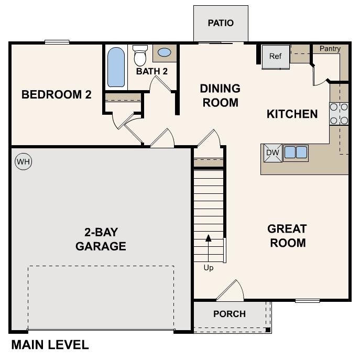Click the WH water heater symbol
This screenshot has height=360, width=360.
click(x=23, y=162)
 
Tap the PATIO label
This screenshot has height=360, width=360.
click(x=220, y=23)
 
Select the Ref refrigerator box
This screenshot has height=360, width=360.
click(x=276, y=56)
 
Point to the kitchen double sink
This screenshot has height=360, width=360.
click(x=296, y=152)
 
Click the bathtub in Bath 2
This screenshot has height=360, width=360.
click(x=116, y=67)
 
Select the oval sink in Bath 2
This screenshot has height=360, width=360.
click(x=164, y=53)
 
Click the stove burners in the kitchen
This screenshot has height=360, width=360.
click(x=339, y=114)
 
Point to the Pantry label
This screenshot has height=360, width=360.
click(x=330, y=49)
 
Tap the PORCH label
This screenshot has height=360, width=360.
click(x=230, y=314)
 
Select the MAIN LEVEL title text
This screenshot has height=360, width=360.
click(x=50, y=345)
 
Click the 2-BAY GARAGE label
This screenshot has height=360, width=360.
click(x=101, y=239)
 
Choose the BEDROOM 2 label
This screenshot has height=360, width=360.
click(x=57, y=95)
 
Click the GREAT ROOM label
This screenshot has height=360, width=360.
click(x=287, y=236)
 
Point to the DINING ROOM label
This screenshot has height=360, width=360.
click(x=220, y=95)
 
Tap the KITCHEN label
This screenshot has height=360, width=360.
click(x=292, y=114)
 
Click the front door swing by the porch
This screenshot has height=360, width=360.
click(x=231, y=291)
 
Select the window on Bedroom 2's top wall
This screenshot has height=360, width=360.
click(x=57, y=42)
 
